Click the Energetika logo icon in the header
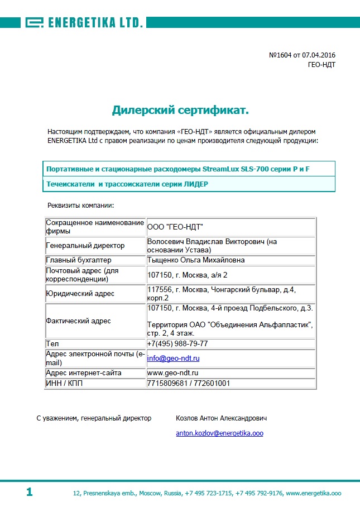pyautogui.click(x=34, y=22)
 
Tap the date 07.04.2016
pyautogui.click(x=319, y=55)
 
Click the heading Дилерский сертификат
pyautogui.click(x=180, y=109)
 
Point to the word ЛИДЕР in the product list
pyautogui.click(x=195, y=184)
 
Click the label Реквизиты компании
pyautogui.click(x=80, y=206)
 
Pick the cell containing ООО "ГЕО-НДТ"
pyautogui.click(x=175, y=226)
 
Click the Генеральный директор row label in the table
pyautogui.click(x=85, y=246)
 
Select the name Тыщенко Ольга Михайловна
pyautogui.click(x=195, y=260)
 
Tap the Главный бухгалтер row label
pyautogui.click(x=79, y=260)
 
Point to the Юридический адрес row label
pyautogui.click(x=80, y=293)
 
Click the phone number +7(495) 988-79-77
pyautogui.click(x=177, y=343)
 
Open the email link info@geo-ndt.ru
pyautogui.click(x=173, y=358)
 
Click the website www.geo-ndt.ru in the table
pyautogui.click(x=173, y=372)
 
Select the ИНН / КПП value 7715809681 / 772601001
pyautogui.click(x=188, y=383)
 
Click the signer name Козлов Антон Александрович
pyautogui.click(x=222, y=418)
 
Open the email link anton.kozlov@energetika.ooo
pyautogui.click(x=219, y=433)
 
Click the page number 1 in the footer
pyautogui.click(x=29, y=492)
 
